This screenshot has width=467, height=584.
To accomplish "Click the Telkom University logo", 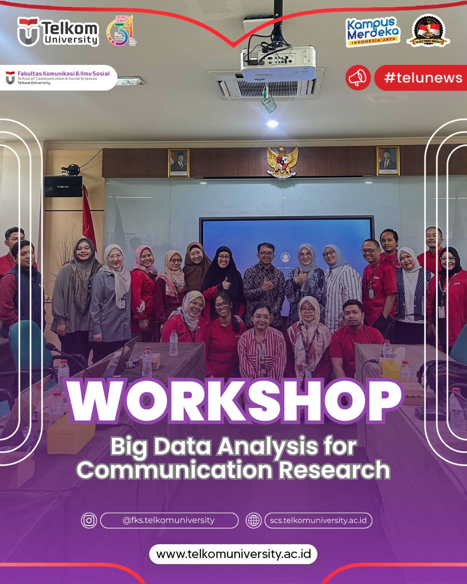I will pos(58,32).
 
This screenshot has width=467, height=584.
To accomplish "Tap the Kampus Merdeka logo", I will pos(373,31).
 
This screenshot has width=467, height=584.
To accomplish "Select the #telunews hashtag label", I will pos(422,78).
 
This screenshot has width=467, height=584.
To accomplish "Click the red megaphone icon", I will pos(358,78).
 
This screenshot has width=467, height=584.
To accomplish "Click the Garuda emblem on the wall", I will pos(282,162).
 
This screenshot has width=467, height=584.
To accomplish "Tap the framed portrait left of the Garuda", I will pos(179,163).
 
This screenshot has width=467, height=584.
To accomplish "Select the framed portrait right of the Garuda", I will pos(387,160).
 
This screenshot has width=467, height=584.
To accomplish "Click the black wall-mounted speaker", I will pos(64,186).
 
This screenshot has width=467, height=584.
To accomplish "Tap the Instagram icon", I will pos(89,520).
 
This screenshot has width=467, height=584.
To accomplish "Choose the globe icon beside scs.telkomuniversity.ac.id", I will pos(253,520).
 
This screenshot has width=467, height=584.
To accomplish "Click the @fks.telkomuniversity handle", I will pos(169,520).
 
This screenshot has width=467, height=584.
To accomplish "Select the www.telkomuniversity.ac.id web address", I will pos(233,554).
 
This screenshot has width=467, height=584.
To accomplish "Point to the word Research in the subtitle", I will pos(334,470).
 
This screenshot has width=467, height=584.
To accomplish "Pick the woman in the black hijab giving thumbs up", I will pos(224,277).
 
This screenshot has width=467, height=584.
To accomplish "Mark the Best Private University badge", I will pos(428,31).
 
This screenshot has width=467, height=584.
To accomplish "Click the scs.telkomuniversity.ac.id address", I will pos(318,520).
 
